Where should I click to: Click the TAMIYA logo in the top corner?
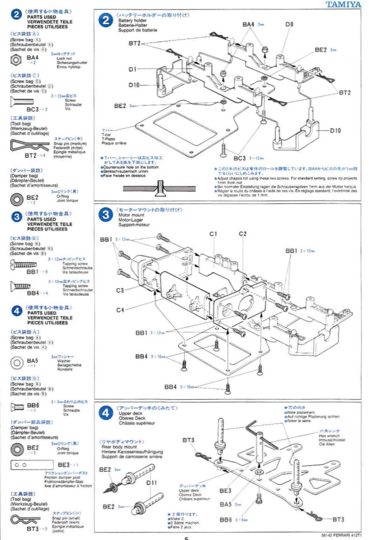[343, 4]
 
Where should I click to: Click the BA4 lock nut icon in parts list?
[16, 60]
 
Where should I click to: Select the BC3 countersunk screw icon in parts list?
[22, 101]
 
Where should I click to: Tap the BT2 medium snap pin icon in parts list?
[30, 145]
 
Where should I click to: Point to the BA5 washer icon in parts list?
[17, 363]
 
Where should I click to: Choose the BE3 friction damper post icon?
[32, 465]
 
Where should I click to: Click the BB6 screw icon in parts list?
[17, 407]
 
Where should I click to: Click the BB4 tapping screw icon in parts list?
[21, 286]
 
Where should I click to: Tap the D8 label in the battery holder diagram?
[289, 24]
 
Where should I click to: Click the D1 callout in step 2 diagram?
[133, 69]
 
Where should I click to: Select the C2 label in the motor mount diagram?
[242, 234]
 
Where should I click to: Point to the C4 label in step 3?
[120, 310]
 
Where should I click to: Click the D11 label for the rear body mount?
[152, 483]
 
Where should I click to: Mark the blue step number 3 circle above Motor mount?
[106, 215]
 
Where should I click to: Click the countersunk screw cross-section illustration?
[159, 188]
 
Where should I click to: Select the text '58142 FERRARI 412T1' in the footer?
[341, 535]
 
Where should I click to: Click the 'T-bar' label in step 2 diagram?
[106, 135]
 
